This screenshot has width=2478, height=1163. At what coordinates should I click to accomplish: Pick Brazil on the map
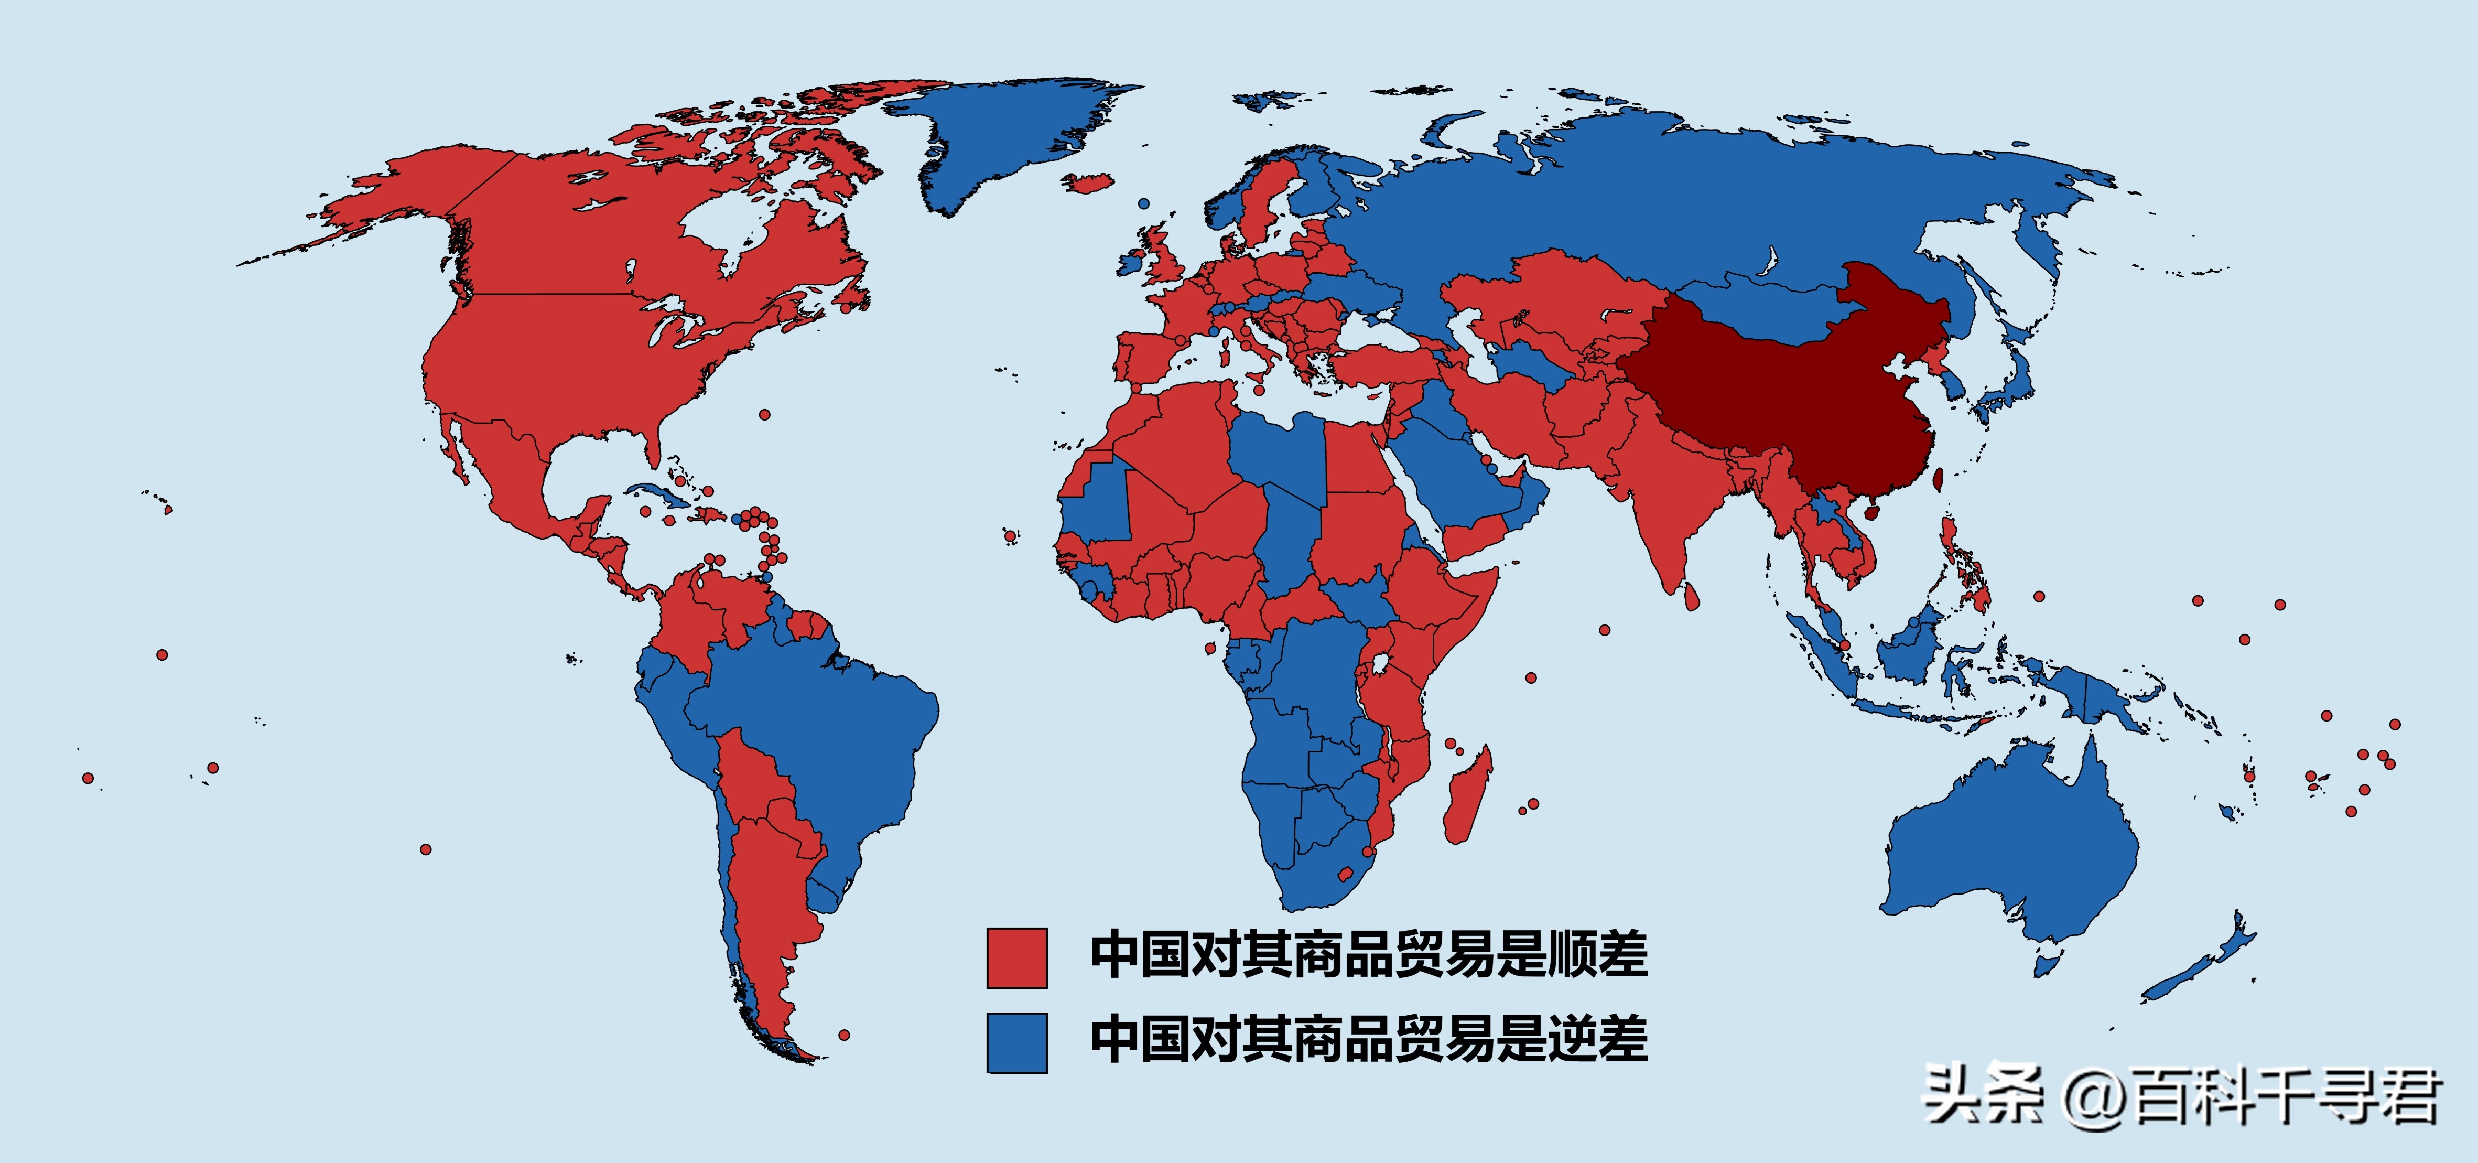818,731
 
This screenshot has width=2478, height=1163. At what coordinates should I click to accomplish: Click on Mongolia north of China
1760,308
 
